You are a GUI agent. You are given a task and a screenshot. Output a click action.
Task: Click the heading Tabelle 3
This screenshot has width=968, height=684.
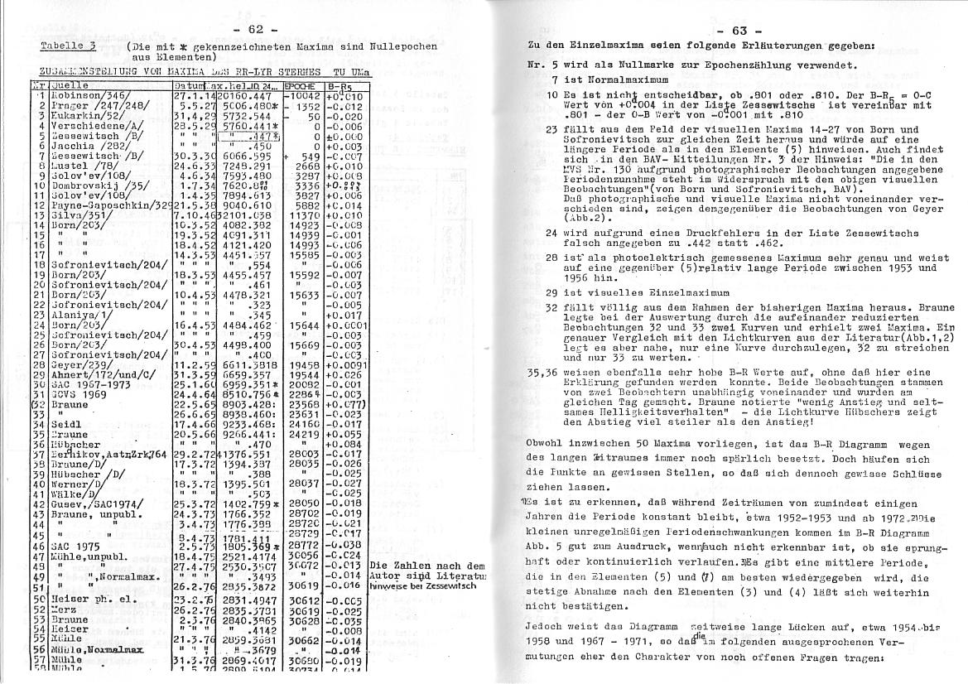70,47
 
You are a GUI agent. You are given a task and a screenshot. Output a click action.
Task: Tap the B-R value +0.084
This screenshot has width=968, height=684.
342,444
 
